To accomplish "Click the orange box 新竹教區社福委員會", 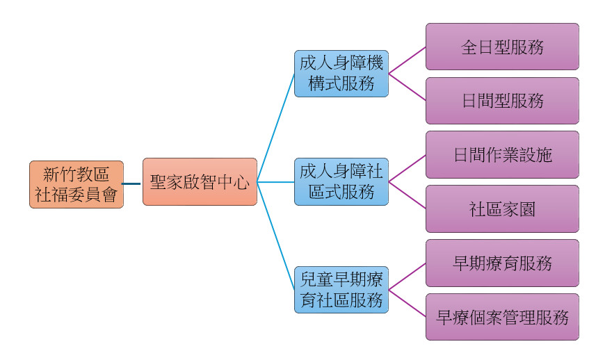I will coord(76,184).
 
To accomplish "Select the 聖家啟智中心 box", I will coord(200,181).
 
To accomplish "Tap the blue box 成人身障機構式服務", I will coord(341,73).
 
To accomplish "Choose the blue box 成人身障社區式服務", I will coord(341,181).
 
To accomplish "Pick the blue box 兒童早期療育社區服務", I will coord(341,290).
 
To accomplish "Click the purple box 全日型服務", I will coord(502,47).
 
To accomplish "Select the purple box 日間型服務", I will coord(502,101).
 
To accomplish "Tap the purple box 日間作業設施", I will coord(502,154).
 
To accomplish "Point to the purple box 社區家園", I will coord(502,208).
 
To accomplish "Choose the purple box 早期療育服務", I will coord(502,263).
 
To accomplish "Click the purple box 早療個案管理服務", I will coord(502,317).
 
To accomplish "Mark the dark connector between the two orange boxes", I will coord(133,183).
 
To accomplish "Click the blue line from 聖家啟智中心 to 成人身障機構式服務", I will coord(276,127).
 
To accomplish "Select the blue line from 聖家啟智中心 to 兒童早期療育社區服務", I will coord(276,236).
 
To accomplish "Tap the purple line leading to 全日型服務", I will coord(407,60).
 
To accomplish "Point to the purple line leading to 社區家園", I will coord(407,195).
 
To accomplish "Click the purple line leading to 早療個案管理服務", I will coord(407,304).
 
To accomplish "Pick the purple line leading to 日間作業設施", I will coord(407,169).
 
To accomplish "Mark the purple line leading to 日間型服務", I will coord(407,87).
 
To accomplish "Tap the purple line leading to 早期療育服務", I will coord(407,277).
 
